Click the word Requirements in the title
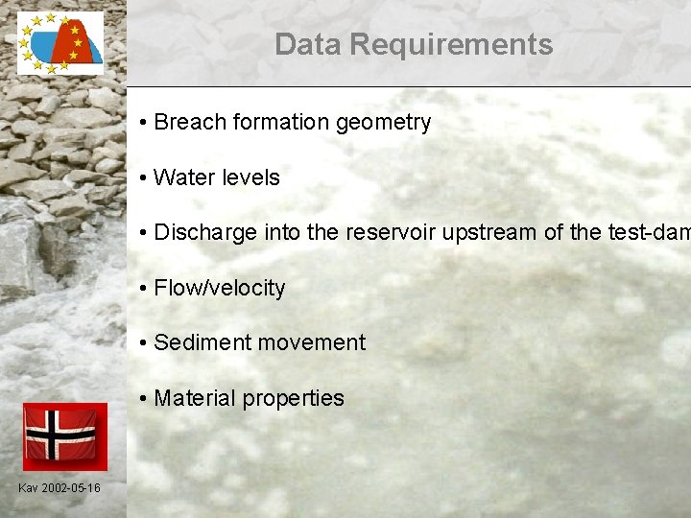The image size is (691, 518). (451, 44)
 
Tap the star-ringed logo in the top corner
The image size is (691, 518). (60, 43)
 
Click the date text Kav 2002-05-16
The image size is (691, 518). (59, 488)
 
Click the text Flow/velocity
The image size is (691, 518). (219, 288)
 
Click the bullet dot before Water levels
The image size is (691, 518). (141, 178)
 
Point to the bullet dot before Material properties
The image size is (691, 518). (141, 399)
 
